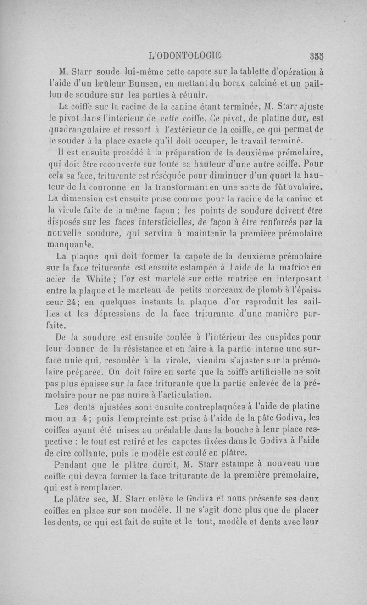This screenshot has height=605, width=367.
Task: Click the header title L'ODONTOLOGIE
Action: [185, 55]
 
